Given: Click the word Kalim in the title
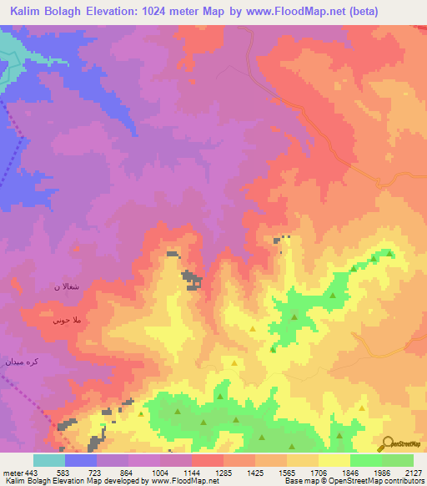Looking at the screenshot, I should pyautogui.click(x=29, y=12).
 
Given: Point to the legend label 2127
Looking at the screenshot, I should pyautogui.click(x=413, y=473).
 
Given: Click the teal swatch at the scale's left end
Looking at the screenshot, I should pyautogui.click(x=49, y=460).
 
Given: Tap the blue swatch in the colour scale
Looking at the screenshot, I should pyautogui.click(x=81, y=460).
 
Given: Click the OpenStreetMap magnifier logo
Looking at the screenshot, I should pyautogui.click(x=387, y=444).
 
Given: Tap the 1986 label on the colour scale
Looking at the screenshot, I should pyautogui.click(x=380, y=473).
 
